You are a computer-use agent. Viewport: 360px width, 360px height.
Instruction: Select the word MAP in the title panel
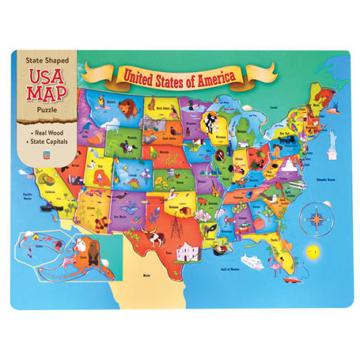click(x=47, y=93)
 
